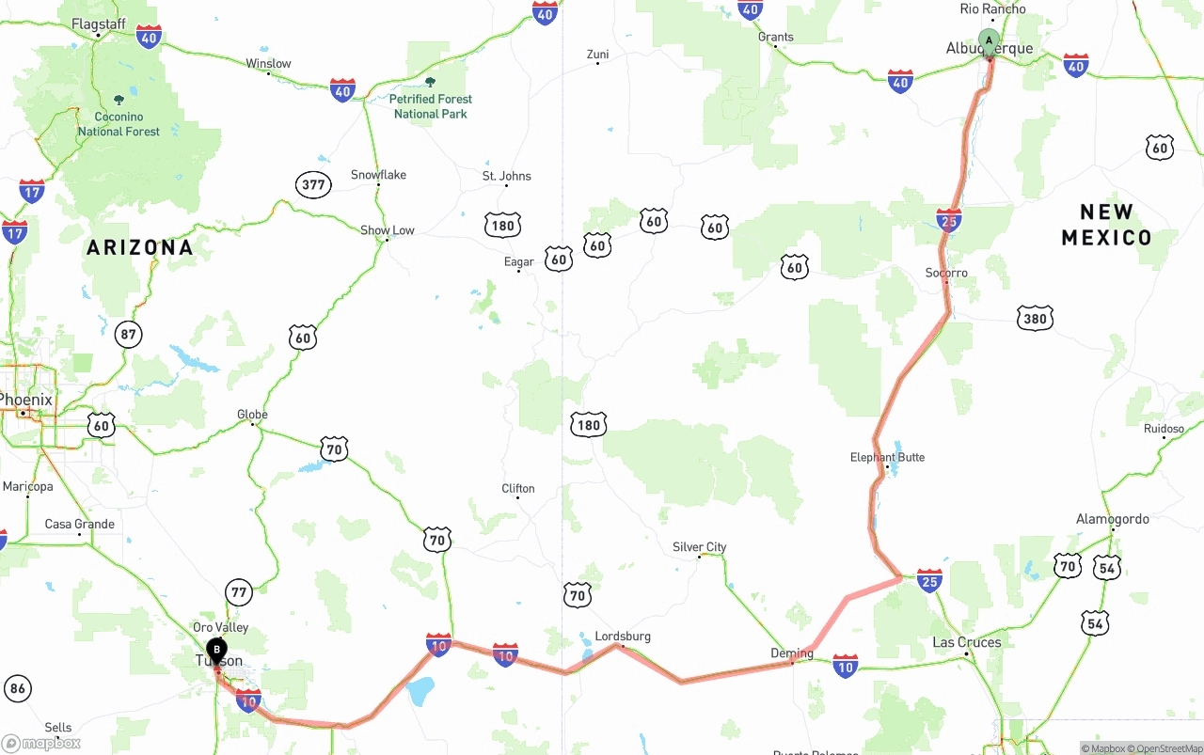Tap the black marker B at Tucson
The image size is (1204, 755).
[x=216, y=650]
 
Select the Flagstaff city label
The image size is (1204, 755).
[x=98, y=23]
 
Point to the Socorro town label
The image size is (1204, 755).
[x=946, y=273]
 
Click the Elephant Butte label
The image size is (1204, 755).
[x=887, y=457]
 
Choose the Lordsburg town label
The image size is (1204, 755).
[x=623, y=637]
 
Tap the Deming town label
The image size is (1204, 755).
[x=791, y=653]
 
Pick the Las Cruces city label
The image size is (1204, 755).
[x=967, y=642]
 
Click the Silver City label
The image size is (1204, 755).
[x=699, y=547]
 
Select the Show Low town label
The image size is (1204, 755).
[x=388, y=230]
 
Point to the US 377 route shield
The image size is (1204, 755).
[x=313, y=184]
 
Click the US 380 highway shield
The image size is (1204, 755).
[x=1035, y=319]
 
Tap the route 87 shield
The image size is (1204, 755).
[x=128, y=334]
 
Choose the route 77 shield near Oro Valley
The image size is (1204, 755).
[x=239, y=592]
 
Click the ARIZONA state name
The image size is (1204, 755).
[x=140, y=247]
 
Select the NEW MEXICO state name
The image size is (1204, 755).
[x=1106, y=225]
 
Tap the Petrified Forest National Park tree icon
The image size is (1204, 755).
[x=431, y=83]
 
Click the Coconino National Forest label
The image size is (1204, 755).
[x=119, y=124]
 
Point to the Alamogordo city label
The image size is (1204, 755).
[x=1112, y=519]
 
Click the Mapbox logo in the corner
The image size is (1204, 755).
[x=41, y=743]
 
